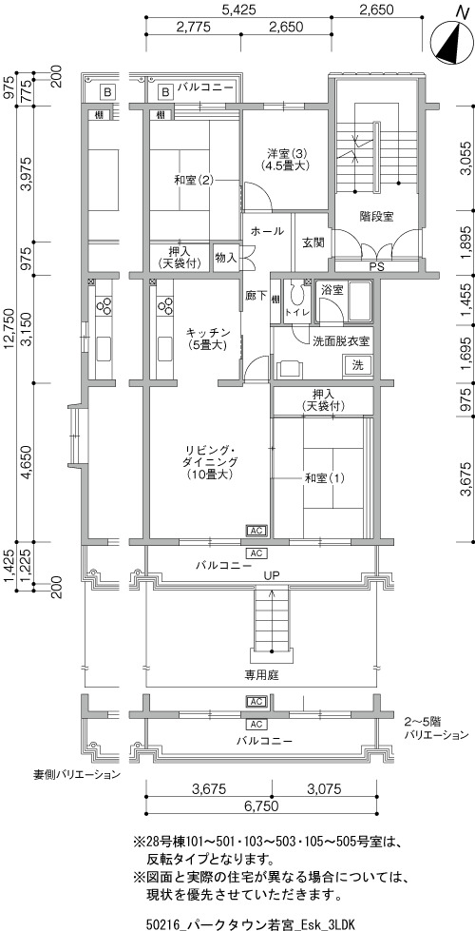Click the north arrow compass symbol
coord(454,40)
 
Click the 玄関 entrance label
coord(313,242)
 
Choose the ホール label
coord(267,231)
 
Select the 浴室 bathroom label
coord(332,290)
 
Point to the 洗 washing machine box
coord(357,363)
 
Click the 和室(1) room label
coord(324,476)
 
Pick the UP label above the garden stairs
coord(273,574)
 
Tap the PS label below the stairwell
coord(376,266)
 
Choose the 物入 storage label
coord(226,258)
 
